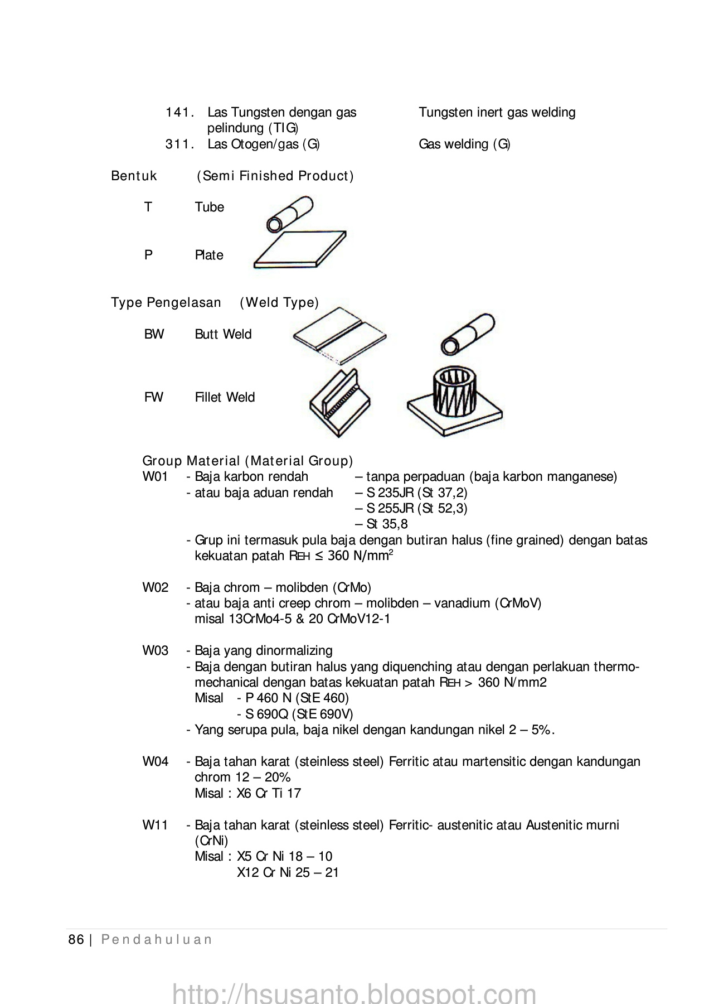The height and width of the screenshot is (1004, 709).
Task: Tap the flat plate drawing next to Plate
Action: coord(300,249)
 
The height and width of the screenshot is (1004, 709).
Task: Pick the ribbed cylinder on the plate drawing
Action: coord(454,403)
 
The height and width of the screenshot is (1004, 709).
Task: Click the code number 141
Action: coord(179,112)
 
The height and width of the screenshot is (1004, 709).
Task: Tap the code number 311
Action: coord(179,144)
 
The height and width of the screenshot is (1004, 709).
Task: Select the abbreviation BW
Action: coord(154,334)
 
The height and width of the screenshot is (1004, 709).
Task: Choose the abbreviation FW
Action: coord(153,397)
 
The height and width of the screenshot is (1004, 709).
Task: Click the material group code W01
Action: coord(155,477)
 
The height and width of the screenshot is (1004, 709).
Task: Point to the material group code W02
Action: coord(155,587)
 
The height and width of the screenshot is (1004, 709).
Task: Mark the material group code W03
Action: coord(155,650)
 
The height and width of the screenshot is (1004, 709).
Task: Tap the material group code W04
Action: coord(155,761)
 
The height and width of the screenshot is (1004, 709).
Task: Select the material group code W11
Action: coord(155,825)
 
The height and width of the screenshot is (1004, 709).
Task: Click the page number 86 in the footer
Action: coord(76,939)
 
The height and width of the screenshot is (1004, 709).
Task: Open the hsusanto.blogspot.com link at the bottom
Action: coord(354,992)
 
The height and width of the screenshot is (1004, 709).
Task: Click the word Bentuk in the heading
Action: coord(134,176)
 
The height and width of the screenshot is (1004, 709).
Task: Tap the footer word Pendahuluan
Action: coord(157,939)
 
